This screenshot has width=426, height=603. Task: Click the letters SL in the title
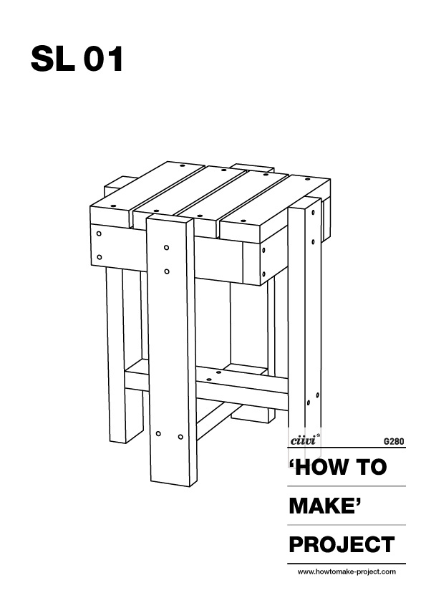coord(53,59)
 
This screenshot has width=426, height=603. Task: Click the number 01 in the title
coord(103,59)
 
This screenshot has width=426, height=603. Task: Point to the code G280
coord(394,441)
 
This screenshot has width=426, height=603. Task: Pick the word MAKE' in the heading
coord(326,506)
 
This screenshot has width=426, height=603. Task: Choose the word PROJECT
coord(342,544)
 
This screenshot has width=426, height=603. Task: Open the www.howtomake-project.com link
coord(347,572)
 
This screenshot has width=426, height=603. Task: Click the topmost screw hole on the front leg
coord(167,247)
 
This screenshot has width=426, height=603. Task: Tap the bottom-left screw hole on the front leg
coord(158,434)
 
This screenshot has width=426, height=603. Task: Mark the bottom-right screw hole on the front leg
coord(180,437)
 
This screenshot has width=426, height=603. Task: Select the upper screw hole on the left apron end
coord(99,233)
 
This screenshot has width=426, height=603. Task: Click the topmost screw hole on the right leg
coord(313,212)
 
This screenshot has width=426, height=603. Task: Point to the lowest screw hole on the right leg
coord(309,403)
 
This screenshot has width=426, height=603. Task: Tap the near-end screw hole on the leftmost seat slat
coord(112,206)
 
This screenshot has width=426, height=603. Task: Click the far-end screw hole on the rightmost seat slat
coord(307,179)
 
